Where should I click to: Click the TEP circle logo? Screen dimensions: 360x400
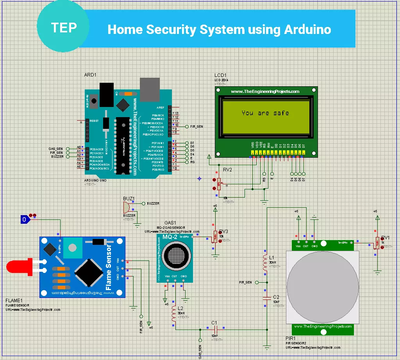[x=63, y=28]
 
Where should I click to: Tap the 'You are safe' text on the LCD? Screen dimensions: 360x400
[x=265, y=113]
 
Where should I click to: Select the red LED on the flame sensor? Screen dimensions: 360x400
[x=18, y=267]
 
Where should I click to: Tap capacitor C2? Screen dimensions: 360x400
[x=267, y=298]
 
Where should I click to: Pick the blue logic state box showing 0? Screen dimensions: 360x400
[x=25, y=220]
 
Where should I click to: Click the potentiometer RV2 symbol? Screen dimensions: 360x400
[x=219, y=184]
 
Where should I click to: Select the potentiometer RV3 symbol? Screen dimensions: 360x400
[x=215, y=236]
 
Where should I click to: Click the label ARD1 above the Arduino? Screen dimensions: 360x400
[x=90, y=75]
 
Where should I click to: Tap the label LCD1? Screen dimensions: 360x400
[x=220, y=75]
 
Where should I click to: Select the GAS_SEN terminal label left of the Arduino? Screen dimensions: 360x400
[x=56, y=149]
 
